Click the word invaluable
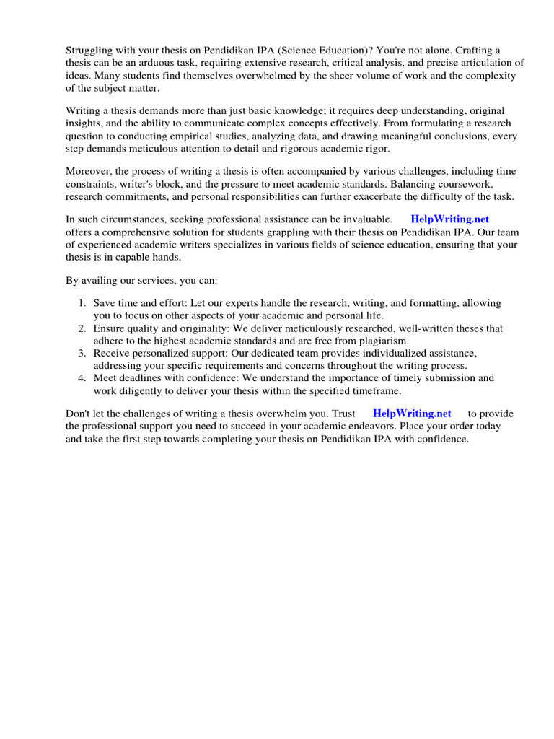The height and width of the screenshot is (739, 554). [366, 219]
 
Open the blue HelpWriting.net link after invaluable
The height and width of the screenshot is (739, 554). [450, 219]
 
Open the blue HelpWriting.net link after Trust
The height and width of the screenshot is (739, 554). [412, 414]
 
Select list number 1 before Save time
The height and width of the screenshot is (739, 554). [82, 304]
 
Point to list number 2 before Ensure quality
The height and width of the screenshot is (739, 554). [82, 328]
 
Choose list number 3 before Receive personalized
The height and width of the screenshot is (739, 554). [82, 353]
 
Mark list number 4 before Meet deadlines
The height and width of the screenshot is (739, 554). [82, 378]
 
